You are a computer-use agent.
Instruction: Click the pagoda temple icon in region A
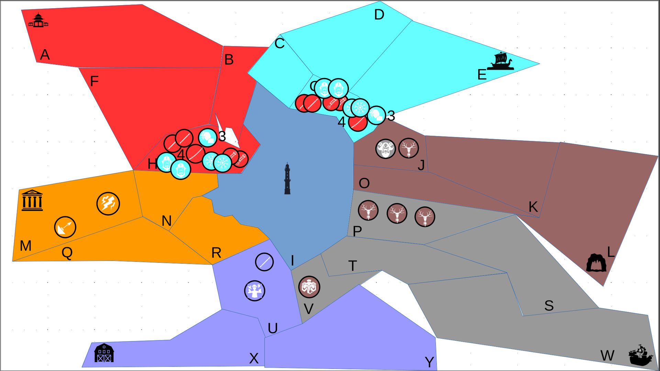(38, 20)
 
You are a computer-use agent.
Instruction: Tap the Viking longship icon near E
(500, 61)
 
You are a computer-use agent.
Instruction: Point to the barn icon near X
(104, 353)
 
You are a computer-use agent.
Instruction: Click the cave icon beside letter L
(596, 263)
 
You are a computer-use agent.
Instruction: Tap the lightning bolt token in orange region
(108, 203)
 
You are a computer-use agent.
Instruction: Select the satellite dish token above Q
(65, 227)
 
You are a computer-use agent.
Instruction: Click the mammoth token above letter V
(309, 287)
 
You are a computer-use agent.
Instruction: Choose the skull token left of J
(385, 149)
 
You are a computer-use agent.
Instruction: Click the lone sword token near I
(264, 262)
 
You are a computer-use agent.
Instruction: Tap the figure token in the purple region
(255, 291)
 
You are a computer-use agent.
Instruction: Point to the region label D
(379, 15)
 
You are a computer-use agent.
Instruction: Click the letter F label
(94, 81)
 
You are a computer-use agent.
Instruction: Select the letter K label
(533, 207)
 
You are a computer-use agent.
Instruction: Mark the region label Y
(429, 362)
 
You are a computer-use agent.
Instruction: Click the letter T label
(352, 266)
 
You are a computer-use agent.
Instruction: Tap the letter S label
(549, 305)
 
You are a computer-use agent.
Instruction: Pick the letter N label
(166, 221)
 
